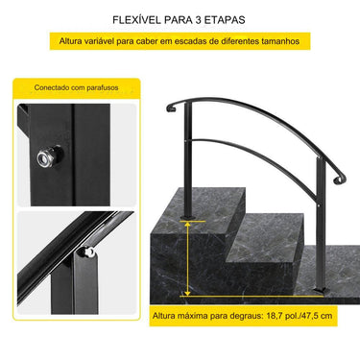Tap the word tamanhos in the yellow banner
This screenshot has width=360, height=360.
(281, 42)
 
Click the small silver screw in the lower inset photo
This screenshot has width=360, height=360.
(87, 252)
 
